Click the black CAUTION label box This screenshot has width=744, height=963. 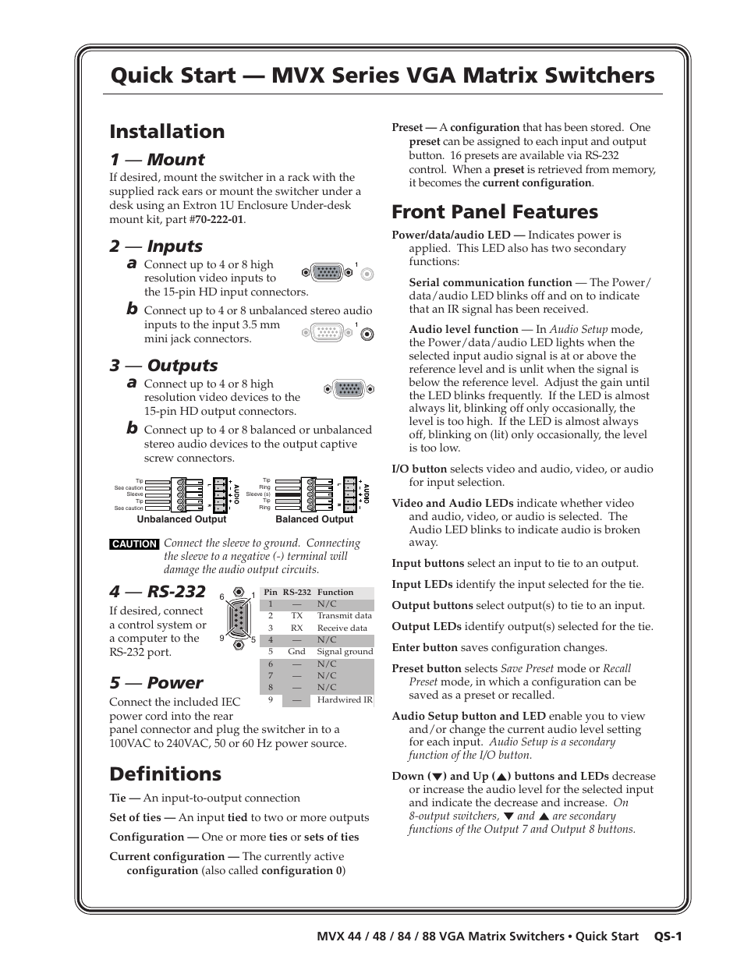coord(134,544)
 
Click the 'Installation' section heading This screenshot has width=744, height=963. coord(167,131)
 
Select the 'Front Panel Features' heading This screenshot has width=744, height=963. coord(494,212)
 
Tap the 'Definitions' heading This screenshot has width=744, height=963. coord(165,774)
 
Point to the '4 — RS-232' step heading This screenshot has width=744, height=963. coord(158,591)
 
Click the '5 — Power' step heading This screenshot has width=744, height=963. coord(156,682)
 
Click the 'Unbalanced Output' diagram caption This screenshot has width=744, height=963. coord(181,519)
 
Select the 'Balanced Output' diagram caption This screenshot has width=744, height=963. coord(314,519)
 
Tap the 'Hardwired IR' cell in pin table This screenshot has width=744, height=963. coord(345,700)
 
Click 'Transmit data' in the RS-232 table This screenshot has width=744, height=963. coord(344,616)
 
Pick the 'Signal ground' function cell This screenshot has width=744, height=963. coord(345,652)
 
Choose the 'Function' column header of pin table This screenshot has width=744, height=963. coord(335,593)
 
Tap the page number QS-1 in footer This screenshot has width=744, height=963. coord(668,936)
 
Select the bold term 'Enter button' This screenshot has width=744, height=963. coord(424,648)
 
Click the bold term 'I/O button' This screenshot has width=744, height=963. coord(419,469)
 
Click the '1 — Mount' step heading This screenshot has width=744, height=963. coord(157,160)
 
